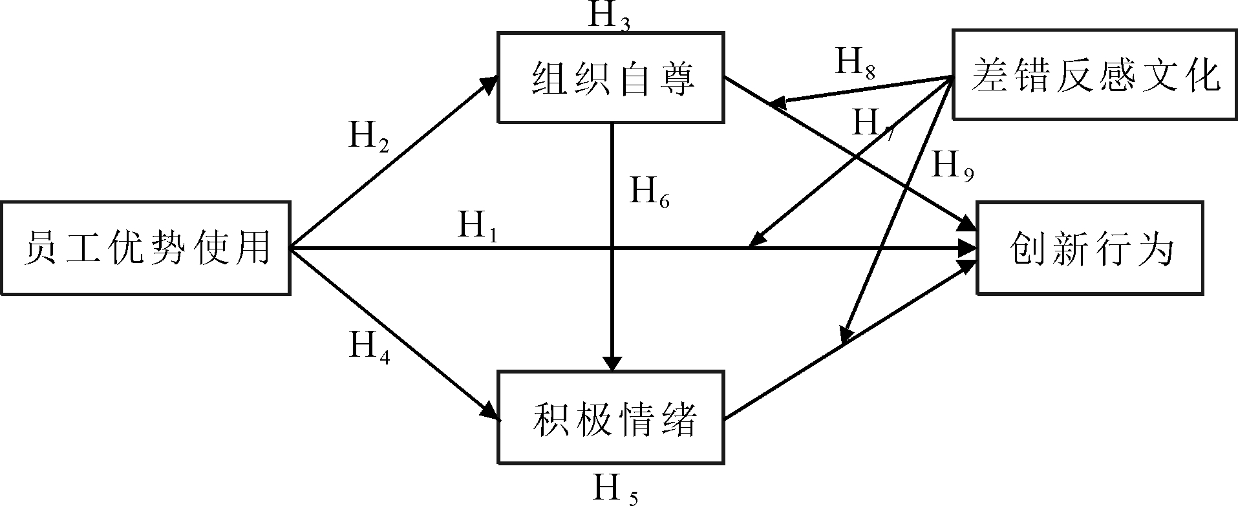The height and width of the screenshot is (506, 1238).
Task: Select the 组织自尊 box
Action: click(x=611, y=78)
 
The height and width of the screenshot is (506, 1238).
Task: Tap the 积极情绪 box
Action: click(x=611, y=417)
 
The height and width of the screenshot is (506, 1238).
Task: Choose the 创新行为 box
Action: click(x=1089, y=249)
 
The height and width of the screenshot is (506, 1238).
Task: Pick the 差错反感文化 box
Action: click(x=1094, y=74)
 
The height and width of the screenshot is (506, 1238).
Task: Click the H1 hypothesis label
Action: click(x=477, y=226)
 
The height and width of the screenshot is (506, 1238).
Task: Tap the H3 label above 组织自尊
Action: click(x=608, y=16)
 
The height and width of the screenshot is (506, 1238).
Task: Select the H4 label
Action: click(x=369, y=346)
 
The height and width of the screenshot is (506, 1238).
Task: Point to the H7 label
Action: click(x=873, y=123)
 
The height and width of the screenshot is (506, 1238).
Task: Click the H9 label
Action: click(x=952, y=166)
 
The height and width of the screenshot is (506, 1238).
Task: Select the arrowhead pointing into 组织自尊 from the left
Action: click(x=489, y=82)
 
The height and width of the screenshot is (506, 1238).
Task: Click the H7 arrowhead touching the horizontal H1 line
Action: click(x=755, y=240)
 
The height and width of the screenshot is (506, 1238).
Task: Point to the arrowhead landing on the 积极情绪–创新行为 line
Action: click(x=846, y=336)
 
